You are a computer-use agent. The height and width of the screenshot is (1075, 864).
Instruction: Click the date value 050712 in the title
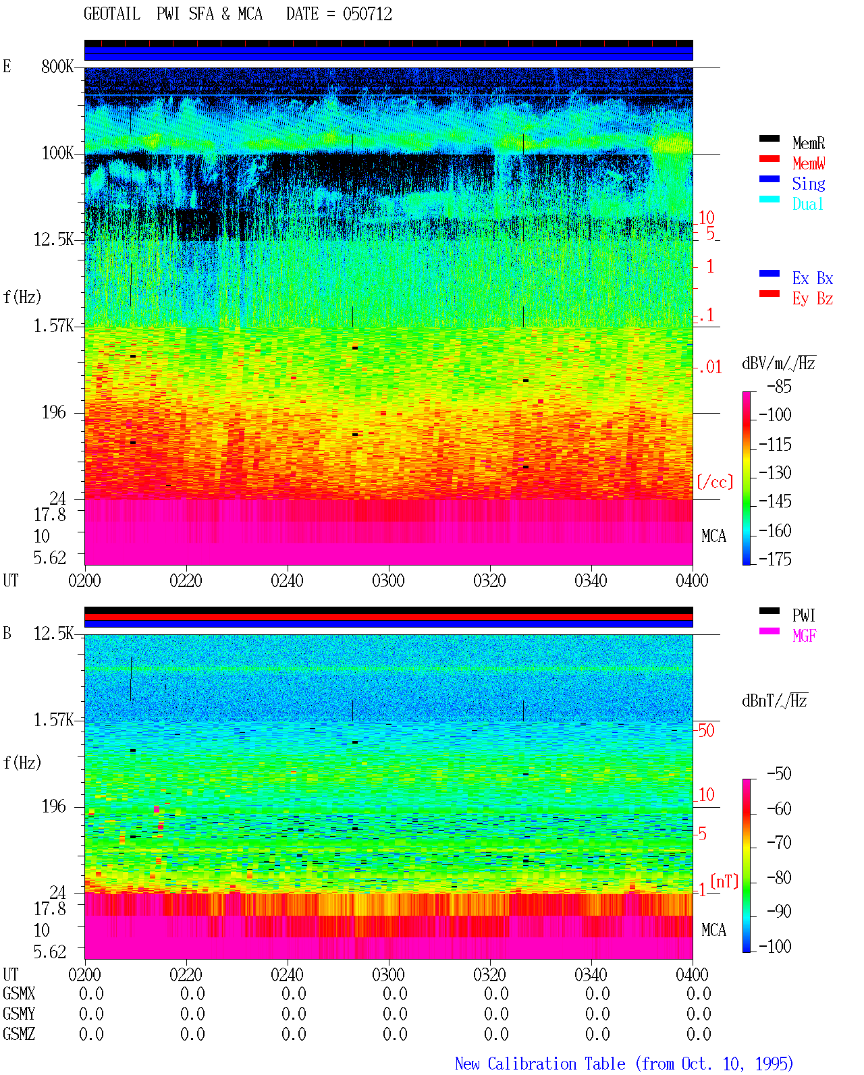click(x=367, y=14)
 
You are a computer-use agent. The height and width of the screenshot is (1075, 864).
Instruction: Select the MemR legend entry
click(x=808, y=143)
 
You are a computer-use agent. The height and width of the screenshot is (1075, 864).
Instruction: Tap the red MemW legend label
click(x=809, y=163)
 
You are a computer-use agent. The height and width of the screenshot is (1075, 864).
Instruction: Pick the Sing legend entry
click(x=808, y=184)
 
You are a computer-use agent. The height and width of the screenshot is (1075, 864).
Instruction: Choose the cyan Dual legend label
click(x=807, y=204)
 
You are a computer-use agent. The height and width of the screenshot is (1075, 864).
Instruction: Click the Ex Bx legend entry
click(x=813, y=278)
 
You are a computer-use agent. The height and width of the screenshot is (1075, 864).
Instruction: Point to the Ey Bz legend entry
click(x=813, y=299)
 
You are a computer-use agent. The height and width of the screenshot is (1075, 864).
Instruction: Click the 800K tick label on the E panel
click(x=57, y=66)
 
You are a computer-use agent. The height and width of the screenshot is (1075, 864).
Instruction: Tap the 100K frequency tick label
click(x=57, y=153)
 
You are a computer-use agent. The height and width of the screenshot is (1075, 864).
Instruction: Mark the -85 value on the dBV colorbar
click(x=779, y=387)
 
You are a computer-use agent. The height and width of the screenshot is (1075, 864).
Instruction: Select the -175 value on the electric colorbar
click(x=775, y=559)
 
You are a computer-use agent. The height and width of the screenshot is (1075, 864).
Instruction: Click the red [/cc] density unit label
click(x=715, y=482)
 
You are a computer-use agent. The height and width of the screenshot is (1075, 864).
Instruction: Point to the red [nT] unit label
click(x=724, y=881)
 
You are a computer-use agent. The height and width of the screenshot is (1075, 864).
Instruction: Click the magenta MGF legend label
click(x=804, y=636)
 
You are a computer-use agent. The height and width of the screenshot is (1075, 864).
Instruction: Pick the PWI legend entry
click(x=803, y=615)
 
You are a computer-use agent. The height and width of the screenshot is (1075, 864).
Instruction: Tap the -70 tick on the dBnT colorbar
click(x=779, y=843)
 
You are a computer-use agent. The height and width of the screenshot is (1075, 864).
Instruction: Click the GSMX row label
click(x=19, y=993)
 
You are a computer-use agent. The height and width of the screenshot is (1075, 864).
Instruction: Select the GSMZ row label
click(x=19, y=1034)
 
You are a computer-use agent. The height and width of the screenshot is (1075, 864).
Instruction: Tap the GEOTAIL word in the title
click(x=112, y=14)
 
